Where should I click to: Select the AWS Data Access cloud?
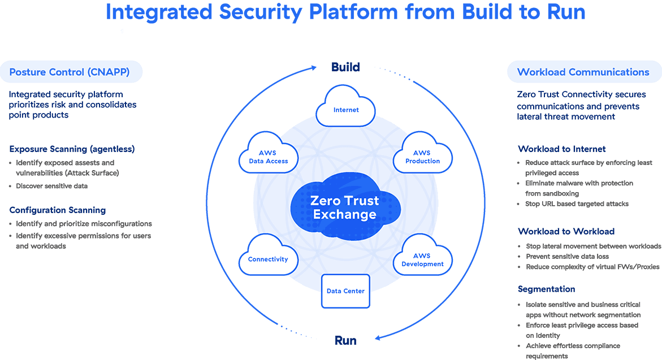coord(269,155)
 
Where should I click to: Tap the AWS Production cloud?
coord(422,155)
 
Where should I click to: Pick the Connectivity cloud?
coord(268,258)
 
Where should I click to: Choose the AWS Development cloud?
coord(422,259)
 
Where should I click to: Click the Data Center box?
coord(345,291)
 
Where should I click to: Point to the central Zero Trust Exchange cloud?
coord(345,207)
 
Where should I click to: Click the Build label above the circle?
coord(345,67)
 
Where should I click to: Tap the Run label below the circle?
coord(345,341)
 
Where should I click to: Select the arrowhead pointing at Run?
coord(378,338)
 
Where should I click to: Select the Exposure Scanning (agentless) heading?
coord(72,149)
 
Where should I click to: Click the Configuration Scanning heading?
coord(58,210)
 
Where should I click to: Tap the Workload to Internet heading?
coord(562,149)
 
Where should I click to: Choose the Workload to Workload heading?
coord(566,231)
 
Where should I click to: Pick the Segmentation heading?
coord(546,289)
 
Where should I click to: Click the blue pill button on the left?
coord(71,72)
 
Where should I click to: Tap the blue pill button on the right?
coord(585,72)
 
